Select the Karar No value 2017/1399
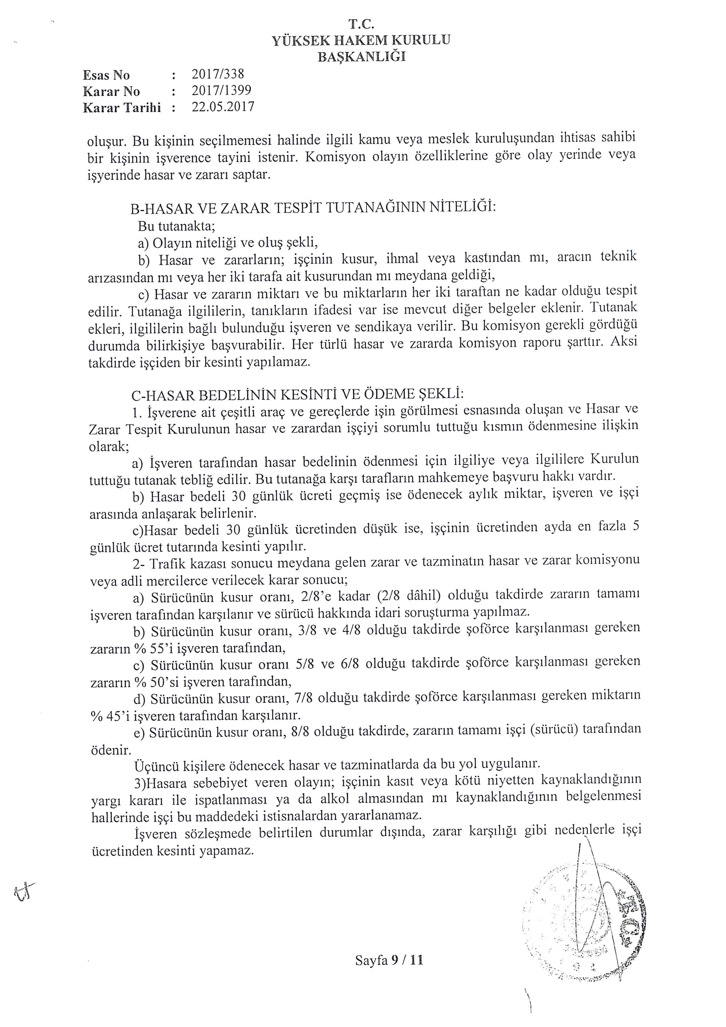point(221,90)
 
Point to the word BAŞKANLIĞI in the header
point(361,57)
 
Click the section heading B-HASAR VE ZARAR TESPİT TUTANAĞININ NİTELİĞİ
point(313,208)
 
